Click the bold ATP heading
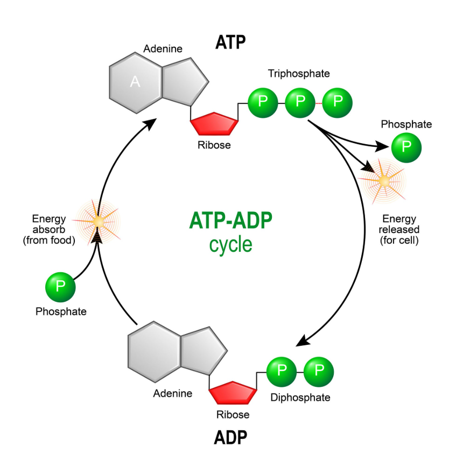(x=230, y=42)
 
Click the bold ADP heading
(x=230, y=437)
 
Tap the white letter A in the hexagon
(x=135, y=82)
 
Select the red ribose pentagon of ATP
(x=214, y=124)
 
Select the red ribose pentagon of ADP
(x=232, y=393)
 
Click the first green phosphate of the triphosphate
(x=263, y=103)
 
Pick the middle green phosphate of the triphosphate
(x=300, y=103)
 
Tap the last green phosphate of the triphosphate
(x=338, y=103)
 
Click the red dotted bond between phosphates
(x=319, y=103)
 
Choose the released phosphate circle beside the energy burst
(x=406, y=147)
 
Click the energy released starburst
(x=384, y=182)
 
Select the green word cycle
(x=230, y=244)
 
